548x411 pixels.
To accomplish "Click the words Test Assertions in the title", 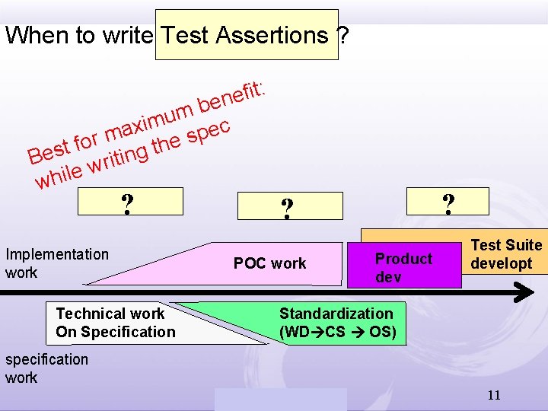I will coord(245,35).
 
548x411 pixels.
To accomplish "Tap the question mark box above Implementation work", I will coord(130,202).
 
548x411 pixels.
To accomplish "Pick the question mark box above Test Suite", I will coord(448,202).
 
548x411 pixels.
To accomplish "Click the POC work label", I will coord(269,263).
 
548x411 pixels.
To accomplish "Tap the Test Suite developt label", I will coord(506,254).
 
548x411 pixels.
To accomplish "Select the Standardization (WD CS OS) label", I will coord(336,323).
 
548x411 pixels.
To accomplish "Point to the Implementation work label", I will coord(57,263).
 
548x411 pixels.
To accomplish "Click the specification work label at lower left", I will coord(46,368).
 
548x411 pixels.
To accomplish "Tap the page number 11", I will coord(494,395).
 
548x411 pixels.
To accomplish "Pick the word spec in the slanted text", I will coord(209,132).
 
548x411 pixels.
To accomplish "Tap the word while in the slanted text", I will coord(58,175).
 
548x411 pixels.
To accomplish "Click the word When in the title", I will coord(36,35).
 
